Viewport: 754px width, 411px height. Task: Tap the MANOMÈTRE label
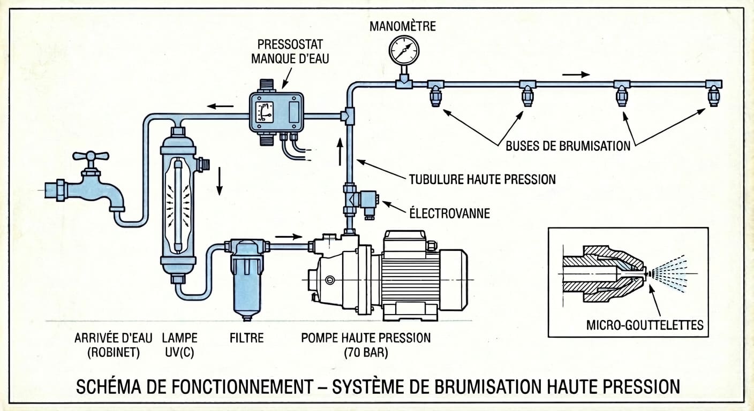403,25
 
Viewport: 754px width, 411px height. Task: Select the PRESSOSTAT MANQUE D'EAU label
290,51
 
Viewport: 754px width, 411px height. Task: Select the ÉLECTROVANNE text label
449,214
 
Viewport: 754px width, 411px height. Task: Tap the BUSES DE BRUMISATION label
568,146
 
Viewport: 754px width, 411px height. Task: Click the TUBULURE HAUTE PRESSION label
482,179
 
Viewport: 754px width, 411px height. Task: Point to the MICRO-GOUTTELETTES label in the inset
645,325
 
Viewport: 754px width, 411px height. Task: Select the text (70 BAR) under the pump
366,353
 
